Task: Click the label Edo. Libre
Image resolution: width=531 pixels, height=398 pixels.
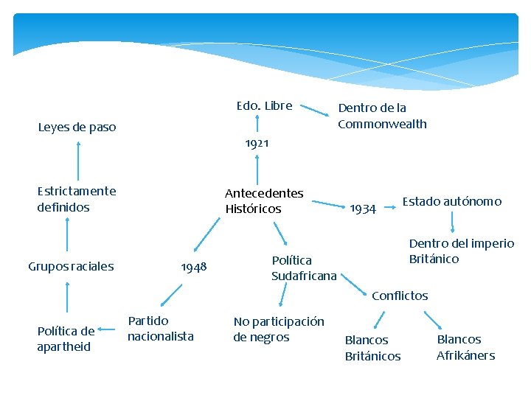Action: click(264, 106)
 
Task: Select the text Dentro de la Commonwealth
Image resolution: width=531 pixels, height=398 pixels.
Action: click(382, 116)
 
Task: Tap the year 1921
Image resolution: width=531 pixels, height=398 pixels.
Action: click(257, 143)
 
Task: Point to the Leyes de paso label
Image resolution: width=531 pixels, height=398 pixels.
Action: click(77, 128)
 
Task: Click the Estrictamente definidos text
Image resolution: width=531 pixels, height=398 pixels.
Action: click(76, 199)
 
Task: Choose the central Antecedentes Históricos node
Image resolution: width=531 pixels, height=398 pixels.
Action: click(264, 200)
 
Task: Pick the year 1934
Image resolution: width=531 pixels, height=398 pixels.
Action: click(363, 209)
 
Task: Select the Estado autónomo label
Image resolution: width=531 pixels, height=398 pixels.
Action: click(451, 201)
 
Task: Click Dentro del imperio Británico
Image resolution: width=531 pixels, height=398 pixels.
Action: click(461, 251)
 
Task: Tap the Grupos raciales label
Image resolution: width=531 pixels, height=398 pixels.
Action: click(71, 265)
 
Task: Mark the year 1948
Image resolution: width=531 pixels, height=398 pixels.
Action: click(194, 267)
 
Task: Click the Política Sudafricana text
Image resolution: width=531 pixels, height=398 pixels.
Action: click(303, 268)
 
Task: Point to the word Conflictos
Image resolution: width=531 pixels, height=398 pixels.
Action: click(400, 296)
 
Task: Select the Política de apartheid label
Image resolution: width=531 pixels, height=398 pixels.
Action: click(66, 338)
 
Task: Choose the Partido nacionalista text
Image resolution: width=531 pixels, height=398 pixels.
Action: click(160, 329)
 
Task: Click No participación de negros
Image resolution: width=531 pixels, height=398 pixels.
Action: click(278, 329)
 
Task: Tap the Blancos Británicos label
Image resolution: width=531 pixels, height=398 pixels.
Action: click(372, 348)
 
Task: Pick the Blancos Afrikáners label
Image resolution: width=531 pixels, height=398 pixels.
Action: click(465, 347)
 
